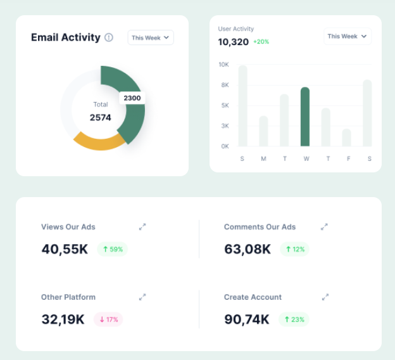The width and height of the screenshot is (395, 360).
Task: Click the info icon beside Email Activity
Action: coord(109,37)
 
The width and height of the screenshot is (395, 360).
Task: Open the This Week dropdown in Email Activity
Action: coord(151,37)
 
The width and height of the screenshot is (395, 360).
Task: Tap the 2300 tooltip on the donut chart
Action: coord(132,98)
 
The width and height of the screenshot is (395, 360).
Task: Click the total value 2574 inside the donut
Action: coord(100,117)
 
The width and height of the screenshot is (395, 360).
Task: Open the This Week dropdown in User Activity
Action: coord(347,36)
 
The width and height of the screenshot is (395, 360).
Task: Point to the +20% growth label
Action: coord(261,42)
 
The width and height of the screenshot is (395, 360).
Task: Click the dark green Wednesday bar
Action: coord(305,117)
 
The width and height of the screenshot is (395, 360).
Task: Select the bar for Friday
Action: coord(346,138)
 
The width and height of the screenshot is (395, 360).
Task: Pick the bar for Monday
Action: coord(263,131)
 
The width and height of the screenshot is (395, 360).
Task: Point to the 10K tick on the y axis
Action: coord(223,65)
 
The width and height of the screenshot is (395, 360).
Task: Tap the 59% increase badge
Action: coord(113,249)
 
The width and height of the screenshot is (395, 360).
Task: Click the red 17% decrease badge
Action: coord(108,319)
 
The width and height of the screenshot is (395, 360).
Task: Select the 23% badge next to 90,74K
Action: coord(294,319)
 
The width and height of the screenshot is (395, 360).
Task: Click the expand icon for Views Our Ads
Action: coord(142,226)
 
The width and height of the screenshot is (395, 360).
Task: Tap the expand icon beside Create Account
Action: coord(325,297)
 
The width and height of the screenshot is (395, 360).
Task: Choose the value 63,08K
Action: coord(247,249)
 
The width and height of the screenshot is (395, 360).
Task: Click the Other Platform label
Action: coord(68,297)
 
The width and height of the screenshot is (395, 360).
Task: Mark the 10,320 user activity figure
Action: coord(233,42)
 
